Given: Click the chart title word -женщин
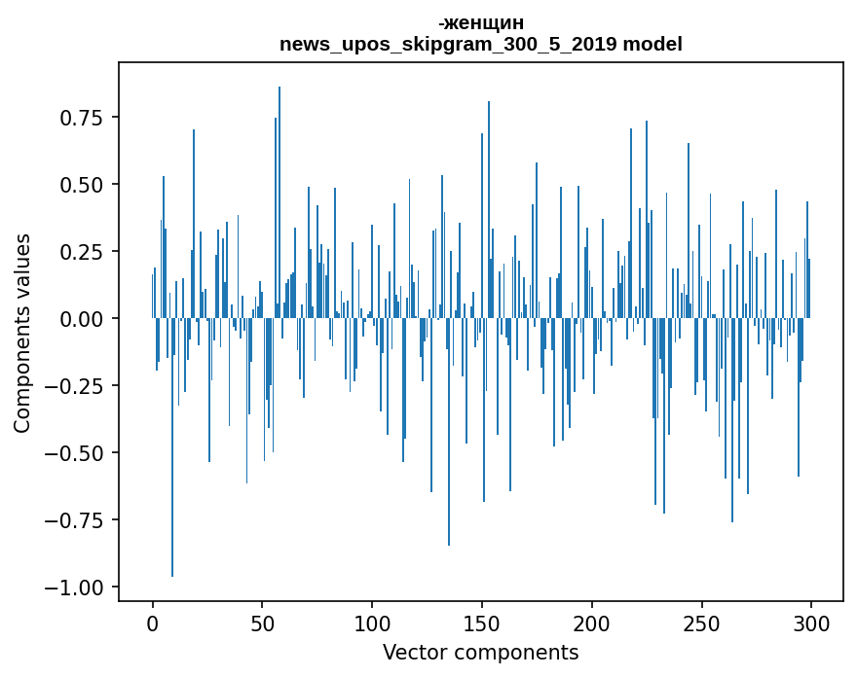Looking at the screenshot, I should [x=480, y=23].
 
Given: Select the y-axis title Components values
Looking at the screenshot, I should [x=22, y=333].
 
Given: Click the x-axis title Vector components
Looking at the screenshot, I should [x=480, y=653].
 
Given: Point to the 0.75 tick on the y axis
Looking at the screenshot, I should [x=83, y=118].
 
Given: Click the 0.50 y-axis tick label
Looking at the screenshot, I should [x=83, y=185].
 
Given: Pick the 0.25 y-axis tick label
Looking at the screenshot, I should [x=83, y=252].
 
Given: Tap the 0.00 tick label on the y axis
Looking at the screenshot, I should [x=83, y=319].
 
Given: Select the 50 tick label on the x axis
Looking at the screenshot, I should [x=262, y=624].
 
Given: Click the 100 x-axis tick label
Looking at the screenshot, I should [x=372, y=624].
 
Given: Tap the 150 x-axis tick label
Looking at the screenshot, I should [x=481, y=624].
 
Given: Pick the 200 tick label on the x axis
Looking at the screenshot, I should [x=591, y=624].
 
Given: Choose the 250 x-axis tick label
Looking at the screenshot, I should [x=701, y=624].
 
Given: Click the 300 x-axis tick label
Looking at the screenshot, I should [x=811, y=624].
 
